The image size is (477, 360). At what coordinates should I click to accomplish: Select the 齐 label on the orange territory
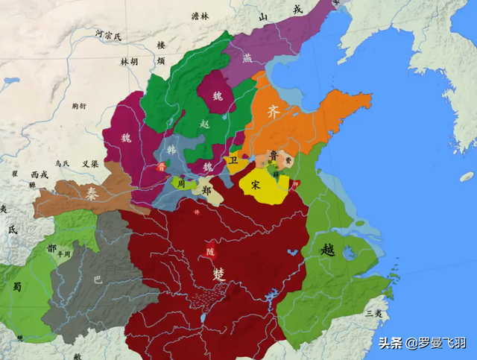click(274, 113)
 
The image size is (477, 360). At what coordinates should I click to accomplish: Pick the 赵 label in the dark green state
click(205, 124)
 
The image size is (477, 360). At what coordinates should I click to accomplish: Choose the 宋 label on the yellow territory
click(256, 183)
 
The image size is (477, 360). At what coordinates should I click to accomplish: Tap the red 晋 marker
click(162, 167)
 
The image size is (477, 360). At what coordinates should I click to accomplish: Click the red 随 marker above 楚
click(208, 252)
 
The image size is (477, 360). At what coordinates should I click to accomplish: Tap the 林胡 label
click(129, 62)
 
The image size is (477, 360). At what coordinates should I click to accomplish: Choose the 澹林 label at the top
click(200, 16)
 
